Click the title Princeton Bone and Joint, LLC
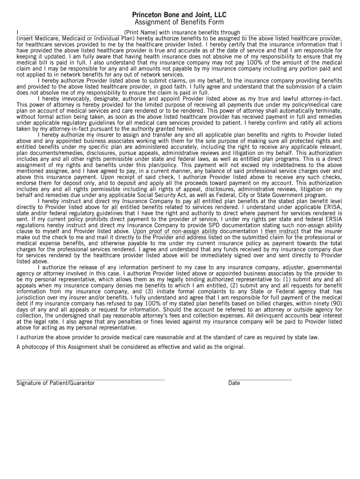tap(179, 15)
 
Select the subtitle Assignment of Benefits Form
tap(179, 22)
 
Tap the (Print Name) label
tap(141, 32)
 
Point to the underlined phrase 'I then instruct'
tap(280, 231)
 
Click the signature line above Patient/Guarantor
tap(91, 379)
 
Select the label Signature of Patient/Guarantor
tap(56, 384)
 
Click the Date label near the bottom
tap(234, 384)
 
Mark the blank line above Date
tap(260, 379)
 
